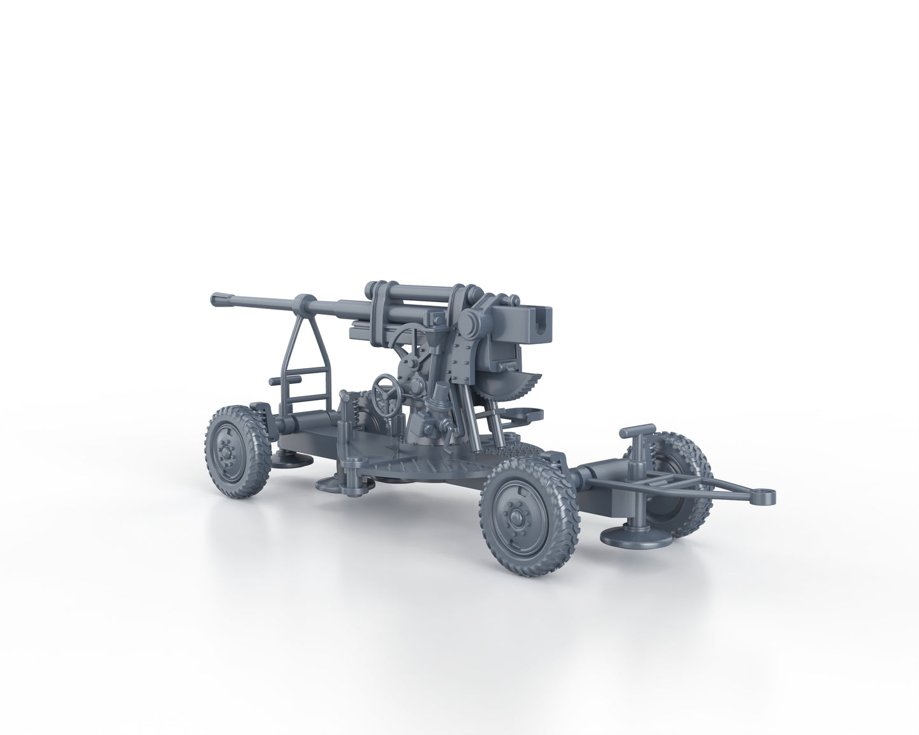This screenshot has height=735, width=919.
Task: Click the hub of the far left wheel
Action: click(x=226, y=453)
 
